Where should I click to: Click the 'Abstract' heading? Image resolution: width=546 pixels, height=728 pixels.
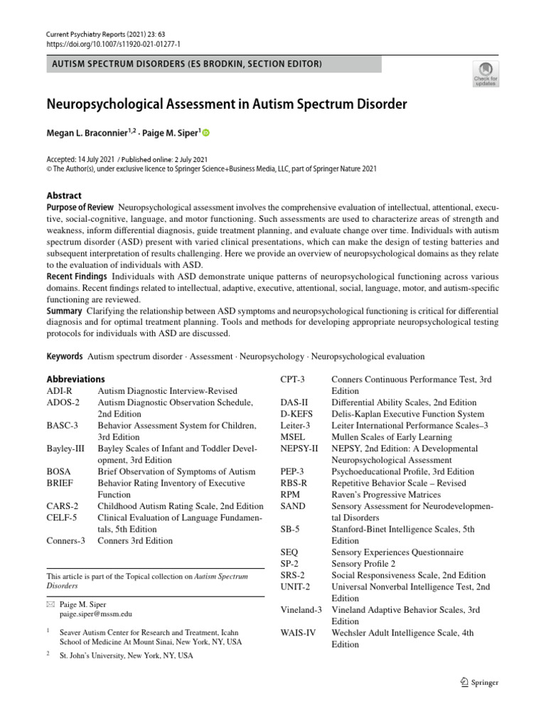64,196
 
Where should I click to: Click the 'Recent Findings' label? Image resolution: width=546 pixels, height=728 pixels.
77,275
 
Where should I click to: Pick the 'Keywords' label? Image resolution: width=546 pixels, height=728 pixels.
64,356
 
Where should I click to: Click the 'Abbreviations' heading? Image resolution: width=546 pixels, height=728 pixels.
75,379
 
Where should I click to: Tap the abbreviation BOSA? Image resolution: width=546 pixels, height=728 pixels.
59,471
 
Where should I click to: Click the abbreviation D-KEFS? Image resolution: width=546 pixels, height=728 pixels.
299,414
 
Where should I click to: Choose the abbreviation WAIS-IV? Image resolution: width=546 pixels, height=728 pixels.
298,633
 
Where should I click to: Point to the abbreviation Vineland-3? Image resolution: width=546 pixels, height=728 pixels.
301,610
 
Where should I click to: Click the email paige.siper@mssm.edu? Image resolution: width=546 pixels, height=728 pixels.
95,614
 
